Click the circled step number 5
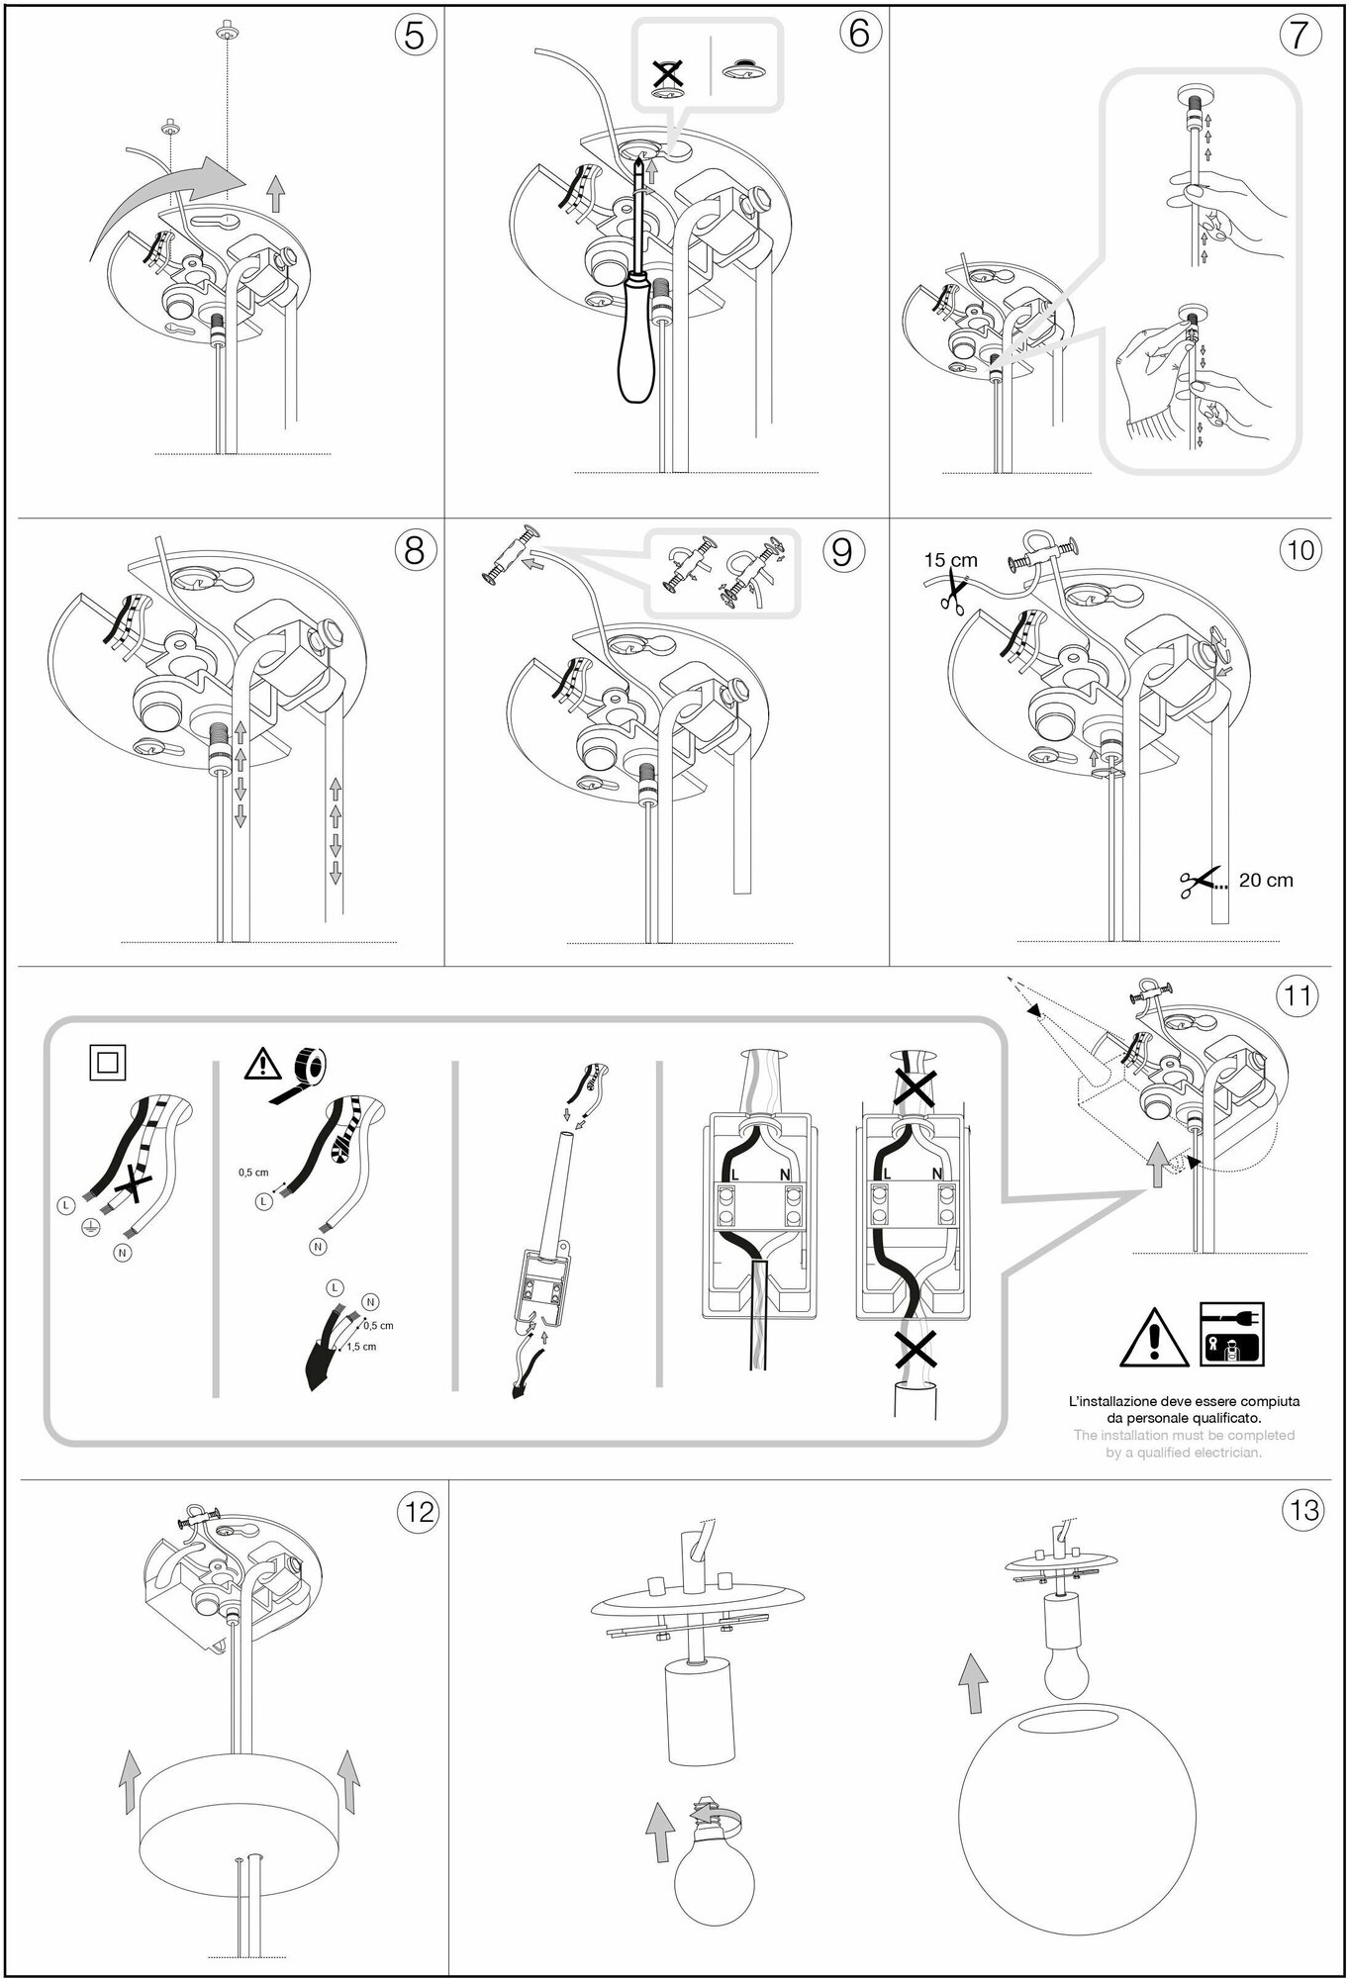tap(415, 36)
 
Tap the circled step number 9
tap(841, 551)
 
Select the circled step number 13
tap(1301, 1511)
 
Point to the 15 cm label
tap(950, 560)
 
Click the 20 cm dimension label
tap(1266, 880)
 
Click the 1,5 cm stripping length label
tap(361, 1347)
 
